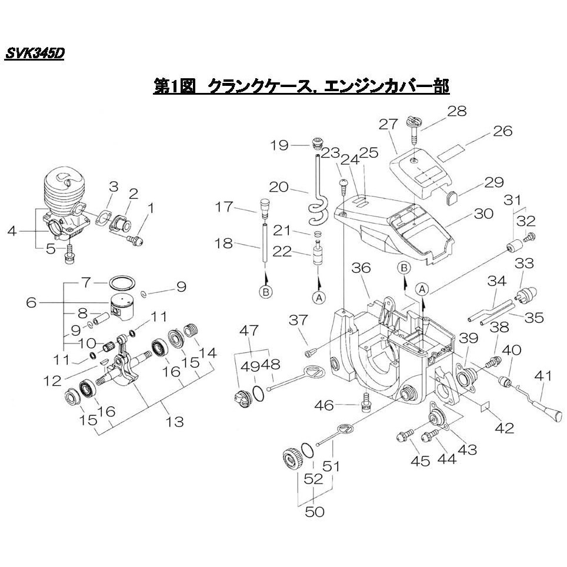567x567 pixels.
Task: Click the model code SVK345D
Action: (x=34, y=54)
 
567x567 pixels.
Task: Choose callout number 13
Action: (x=175, y=421)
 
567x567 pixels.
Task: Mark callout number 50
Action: (x=315, y=512)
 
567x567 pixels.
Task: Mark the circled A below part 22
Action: (x=319, y=298)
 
